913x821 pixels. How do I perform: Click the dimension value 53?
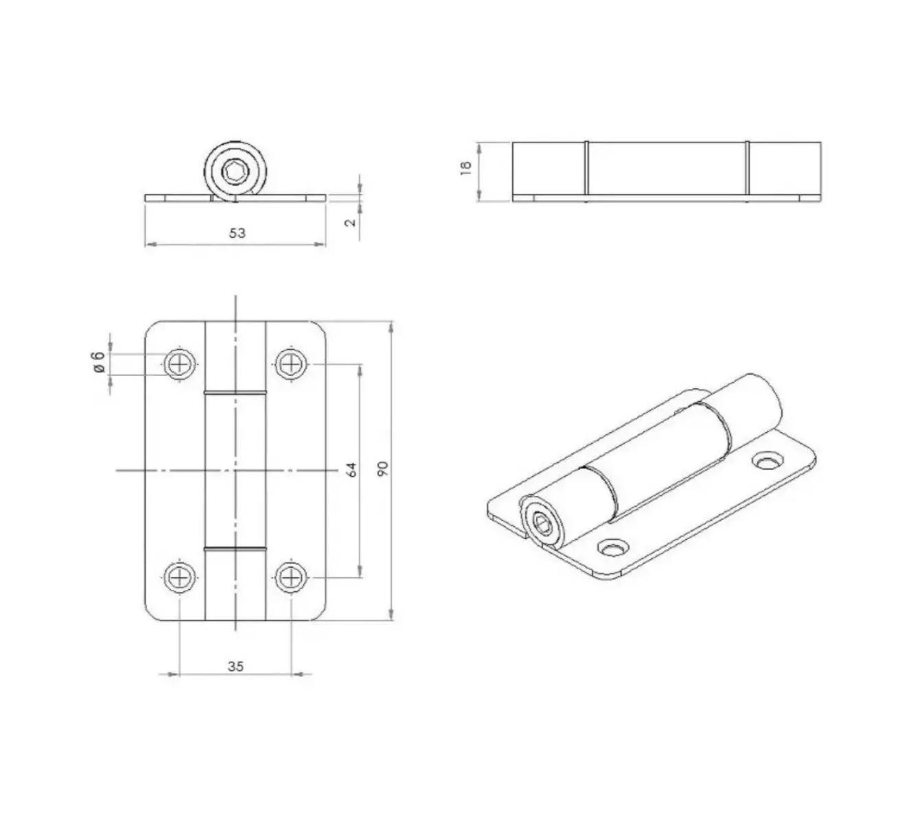coord(237,233)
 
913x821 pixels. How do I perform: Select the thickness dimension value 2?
coord(351,222)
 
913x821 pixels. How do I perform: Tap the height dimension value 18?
coord(465,168)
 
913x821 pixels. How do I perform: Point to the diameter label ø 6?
coord(99,362)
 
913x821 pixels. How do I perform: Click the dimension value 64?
coord(351,469)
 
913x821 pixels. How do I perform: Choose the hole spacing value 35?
coord(235,667)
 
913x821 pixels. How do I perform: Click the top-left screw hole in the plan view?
coord(180,364)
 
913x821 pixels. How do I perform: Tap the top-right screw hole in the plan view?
coord(291,364)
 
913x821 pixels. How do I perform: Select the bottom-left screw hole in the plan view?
coord(180,578)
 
